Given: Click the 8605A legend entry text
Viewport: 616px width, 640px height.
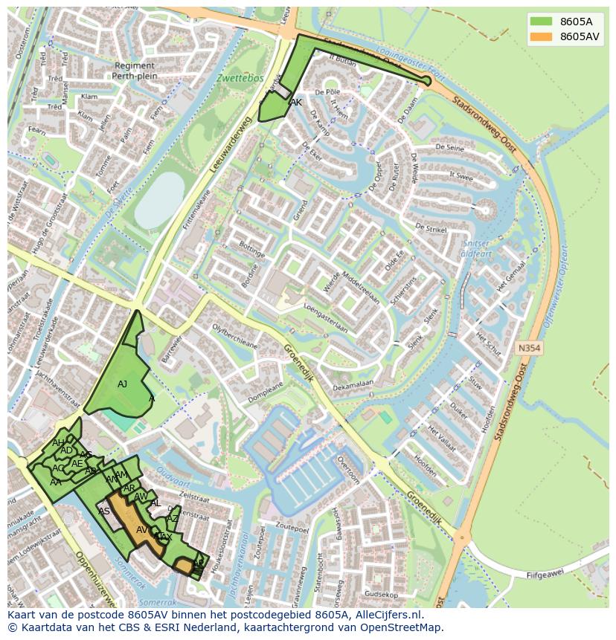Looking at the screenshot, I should tap(576, 22).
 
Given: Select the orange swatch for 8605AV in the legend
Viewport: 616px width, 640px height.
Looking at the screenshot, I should tap(542, 36).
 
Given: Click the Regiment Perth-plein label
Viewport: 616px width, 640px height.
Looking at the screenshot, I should tap(135, 71).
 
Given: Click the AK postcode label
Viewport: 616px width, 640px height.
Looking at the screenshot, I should tap(296, 103).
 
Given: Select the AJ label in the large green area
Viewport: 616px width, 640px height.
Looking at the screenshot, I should tap(123, 384).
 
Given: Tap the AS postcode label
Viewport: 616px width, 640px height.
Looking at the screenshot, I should tap(104, 511).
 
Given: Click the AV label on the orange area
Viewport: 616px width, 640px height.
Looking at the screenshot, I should tap(141, 529).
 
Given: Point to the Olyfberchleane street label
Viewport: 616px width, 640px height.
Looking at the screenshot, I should tap(234, 335).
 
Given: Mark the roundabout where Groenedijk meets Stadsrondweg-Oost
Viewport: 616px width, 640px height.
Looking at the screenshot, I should tap(463, 537).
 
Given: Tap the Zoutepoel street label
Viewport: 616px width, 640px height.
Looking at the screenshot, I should tap(292, 529).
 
